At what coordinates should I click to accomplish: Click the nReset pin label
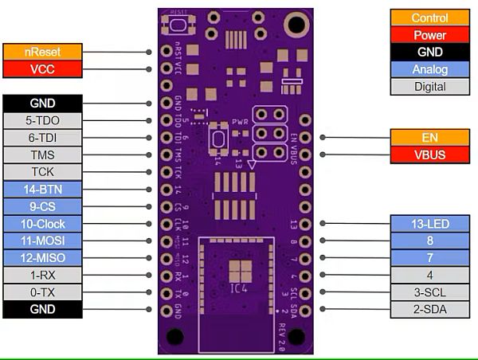click(x=42, y=52)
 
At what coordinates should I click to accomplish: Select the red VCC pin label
click(x=42, y=69)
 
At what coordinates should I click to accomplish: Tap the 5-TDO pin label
click(x=42, y=120)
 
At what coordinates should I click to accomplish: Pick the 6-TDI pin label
click(x=42, y=138)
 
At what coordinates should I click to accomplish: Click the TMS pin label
click(x=42, y=155)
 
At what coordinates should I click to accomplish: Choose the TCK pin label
click(x=42, y=172)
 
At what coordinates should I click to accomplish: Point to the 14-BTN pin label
click(x=42, y=190)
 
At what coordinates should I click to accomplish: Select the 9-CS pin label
click(x=42, y=206)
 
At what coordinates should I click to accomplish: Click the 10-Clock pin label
click(x=42, y=224)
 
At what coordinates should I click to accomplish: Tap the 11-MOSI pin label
click(x=42, y=241)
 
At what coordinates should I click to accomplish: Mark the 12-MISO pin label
click(x=42, y=257)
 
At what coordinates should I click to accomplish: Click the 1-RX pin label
click(x=42, y=275)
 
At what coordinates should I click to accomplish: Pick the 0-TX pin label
click(x=42, y=292)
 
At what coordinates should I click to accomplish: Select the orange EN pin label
click(x=429, y=137)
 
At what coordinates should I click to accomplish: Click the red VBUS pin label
click(x=429, y=155)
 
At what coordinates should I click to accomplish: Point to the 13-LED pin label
click(x=429, y=224)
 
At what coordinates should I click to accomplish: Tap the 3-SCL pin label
click(x=429, y=292)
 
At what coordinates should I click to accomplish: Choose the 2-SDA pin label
click(x=429, y=309)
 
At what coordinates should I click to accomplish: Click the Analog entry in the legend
click(x=429, y=69)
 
